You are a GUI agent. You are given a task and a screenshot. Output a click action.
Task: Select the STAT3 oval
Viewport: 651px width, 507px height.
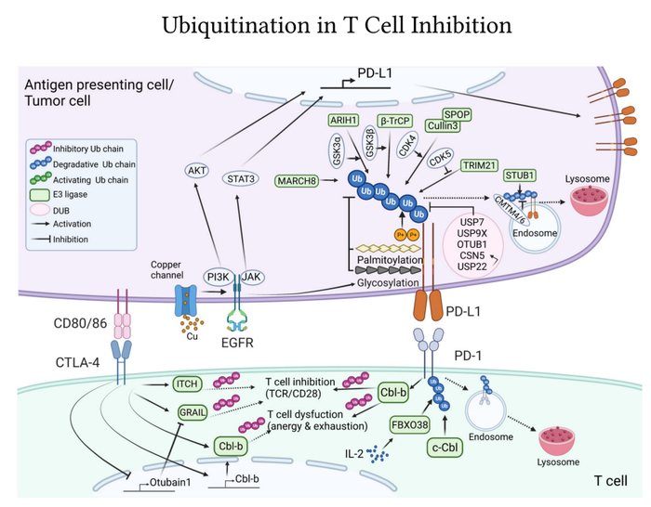pyautogui.click(x=245, y=171)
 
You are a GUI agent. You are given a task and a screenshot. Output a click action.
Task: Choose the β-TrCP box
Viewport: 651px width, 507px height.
pyautogui.click(x=395, y=121)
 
